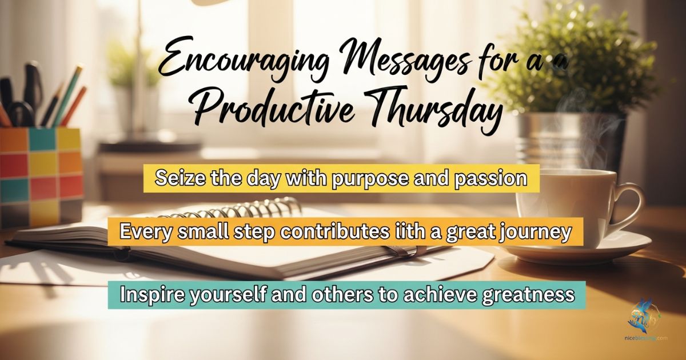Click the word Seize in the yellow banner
point(177,178)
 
